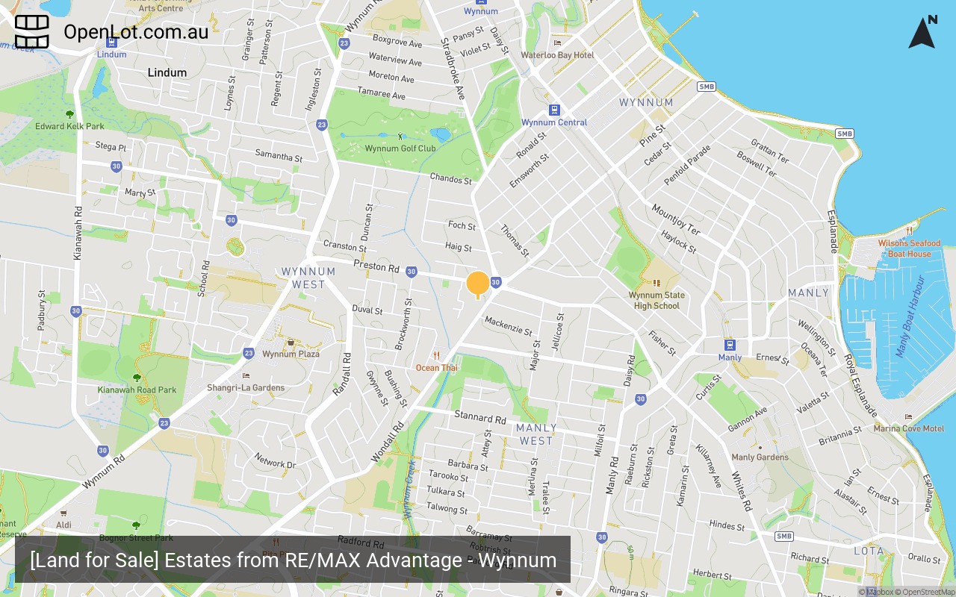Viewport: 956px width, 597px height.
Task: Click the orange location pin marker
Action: pos(478,284)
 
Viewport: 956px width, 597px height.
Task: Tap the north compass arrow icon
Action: pos(922,32)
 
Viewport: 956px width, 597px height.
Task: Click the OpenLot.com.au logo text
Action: pos(136,31)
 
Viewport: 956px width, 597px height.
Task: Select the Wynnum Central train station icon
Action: pos(554,110)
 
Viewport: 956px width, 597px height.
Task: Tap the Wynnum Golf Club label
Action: pos(400,149)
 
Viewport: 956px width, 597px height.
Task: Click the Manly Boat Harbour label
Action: pos(910,316)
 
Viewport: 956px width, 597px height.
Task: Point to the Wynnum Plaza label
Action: pos(291,354)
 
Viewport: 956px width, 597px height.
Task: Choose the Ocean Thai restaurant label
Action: pos(437,368)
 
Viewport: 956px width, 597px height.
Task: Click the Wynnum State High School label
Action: pos(657,300)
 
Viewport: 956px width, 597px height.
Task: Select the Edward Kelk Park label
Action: pos(69,126)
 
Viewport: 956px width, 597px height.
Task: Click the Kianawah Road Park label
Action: pos(137,390)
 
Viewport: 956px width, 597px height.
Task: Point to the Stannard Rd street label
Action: pos(480,417)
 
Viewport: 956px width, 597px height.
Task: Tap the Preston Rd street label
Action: pos(376,266)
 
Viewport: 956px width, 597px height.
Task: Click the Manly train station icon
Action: pos(730,345)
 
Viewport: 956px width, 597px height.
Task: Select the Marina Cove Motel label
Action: pos(908,428)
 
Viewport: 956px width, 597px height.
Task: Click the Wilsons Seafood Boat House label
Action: pos(909,249)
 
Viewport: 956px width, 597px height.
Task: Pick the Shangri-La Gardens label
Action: pos(246,387)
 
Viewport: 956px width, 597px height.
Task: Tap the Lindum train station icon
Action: pos(111,43)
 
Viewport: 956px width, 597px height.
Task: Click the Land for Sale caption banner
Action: pos(293,560)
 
